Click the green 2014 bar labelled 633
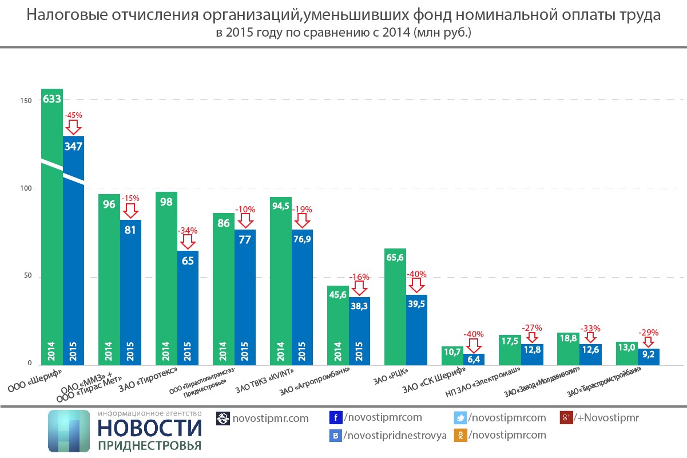(x=52, y=229)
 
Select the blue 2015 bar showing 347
(x=74, y=252)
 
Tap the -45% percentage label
(x=73, y=114)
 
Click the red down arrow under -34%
(x=188, y=242)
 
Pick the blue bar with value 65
(x=188, y=309)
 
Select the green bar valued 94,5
(x=281, y=281)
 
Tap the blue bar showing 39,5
(x=417, y=332)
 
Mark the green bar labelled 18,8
(x=568, y=349)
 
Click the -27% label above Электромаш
(x=531, y=328)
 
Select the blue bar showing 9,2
(x=649, y=357)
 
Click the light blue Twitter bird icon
(x=460, y=417)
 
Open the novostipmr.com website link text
(x=271, y=418)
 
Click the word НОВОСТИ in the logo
(x=150, y=428)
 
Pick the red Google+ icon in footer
(x=566, y=417)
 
